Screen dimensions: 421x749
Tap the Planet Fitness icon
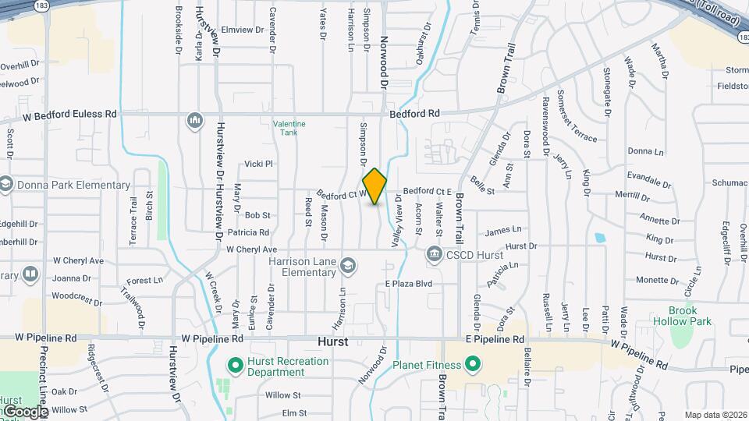472,364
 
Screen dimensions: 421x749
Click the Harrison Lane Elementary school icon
347,267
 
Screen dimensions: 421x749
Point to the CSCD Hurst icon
434,254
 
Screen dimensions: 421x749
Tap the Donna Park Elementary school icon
6,185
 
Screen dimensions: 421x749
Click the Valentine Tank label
289,128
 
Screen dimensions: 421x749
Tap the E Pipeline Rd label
495,340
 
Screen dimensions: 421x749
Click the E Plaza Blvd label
409,284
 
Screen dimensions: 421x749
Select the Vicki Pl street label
258,164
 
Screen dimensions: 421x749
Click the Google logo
25,411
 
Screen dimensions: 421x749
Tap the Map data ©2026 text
715,415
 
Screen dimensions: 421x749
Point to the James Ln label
502,230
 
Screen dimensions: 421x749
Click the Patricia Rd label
248,232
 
